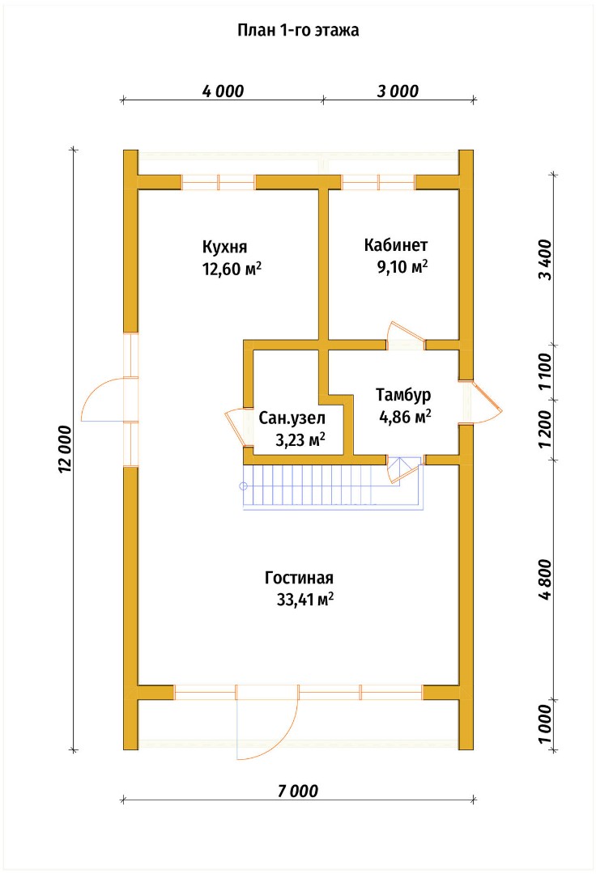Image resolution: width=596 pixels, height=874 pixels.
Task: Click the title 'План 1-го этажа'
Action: click(298, 30)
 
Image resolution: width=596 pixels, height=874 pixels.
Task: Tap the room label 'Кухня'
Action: click(224, 247)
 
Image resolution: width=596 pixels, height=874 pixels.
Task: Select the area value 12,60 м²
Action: click(232, 269)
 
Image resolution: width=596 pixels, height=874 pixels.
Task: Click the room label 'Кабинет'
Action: click(396, 244)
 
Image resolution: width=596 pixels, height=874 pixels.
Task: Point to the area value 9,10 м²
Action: click(402, 266)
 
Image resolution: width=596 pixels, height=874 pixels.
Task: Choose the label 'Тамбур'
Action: click(403, 395)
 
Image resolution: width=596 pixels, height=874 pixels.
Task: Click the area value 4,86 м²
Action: click(406, 417)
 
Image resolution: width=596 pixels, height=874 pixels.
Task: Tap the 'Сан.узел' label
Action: click(292, 418)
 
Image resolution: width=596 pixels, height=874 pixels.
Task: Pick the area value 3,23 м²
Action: click(300, 440)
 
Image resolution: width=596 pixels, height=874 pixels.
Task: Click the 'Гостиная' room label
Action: click(300, 578)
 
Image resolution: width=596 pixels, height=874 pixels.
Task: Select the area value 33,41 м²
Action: click(305, 600)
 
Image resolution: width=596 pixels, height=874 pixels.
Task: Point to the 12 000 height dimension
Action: click(65, 449)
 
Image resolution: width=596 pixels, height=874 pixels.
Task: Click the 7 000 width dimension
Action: click(298, 791)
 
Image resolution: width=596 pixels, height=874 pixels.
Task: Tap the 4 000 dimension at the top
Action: click(223, 91)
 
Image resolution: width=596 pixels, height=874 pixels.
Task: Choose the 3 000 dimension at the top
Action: click(398, 91)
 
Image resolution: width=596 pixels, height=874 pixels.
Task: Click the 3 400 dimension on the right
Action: click(545, 261)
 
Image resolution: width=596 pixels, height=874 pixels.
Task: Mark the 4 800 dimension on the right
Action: click(545, 579)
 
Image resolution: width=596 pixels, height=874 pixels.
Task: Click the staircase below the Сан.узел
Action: click(332, 487)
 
